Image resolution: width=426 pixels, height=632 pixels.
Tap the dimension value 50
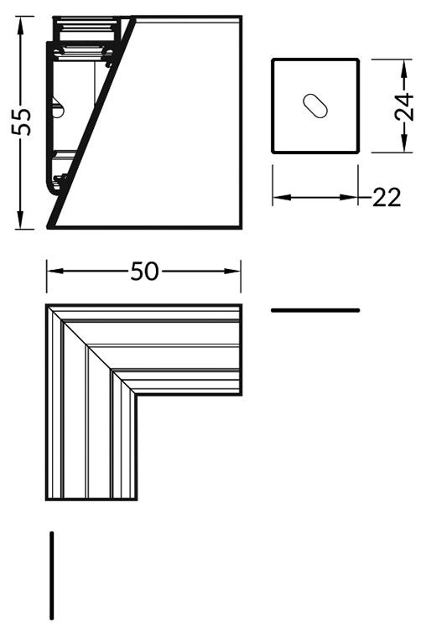pyautogui.click(x=144, y=272)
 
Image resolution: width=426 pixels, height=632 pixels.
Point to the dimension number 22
pyautogui.click(x=386, y=198)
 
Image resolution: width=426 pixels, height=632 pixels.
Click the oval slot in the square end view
pyautogui.click(x=316, y=105)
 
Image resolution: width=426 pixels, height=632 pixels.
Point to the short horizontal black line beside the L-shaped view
pyautogui.click(x=315, y=310)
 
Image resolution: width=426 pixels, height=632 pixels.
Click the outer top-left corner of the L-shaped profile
pyautogui.click(x=48, y=307)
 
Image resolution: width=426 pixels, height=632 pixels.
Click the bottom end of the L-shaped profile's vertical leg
pyautogui.click(x=92, y=498)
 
